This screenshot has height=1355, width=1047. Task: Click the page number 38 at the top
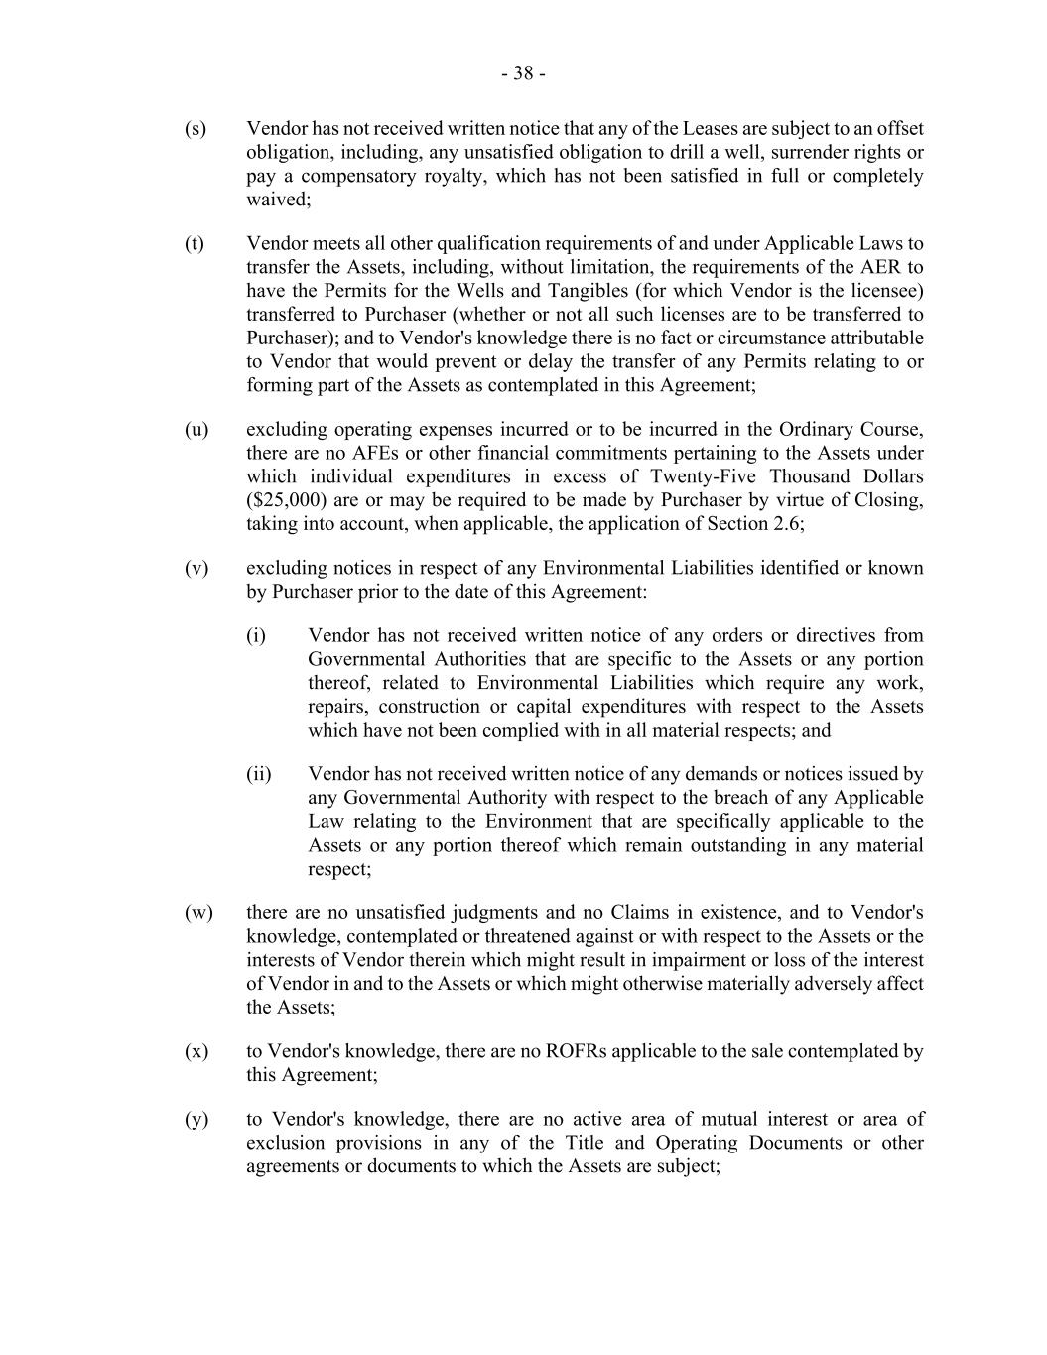[523, 73]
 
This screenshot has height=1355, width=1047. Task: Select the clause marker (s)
[196, 129]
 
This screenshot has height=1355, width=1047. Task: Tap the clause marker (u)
[196, 430]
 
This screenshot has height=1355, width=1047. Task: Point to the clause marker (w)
[198, 913]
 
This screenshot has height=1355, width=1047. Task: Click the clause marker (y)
[196, 1120]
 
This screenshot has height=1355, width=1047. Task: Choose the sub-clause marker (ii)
[259, 774]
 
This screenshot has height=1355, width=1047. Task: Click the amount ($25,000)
[287, 500]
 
